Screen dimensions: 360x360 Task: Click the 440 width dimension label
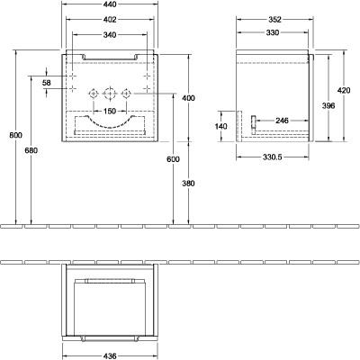(110, 4)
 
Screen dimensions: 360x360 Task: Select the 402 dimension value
(110, 20)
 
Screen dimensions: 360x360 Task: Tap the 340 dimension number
(110, 35)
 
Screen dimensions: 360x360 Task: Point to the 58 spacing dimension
(47, 83)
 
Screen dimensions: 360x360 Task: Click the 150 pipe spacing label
(110, 112)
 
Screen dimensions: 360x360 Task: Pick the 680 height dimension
(31, 150)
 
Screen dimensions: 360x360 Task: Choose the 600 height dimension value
(174, 159)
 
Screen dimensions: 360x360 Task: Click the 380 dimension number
(188, 184)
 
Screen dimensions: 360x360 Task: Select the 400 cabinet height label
(188, 98)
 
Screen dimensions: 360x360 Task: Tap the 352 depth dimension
(274, 20)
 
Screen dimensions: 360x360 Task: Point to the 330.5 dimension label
(273, 157)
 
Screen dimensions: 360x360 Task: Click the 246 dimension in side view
(282, 121)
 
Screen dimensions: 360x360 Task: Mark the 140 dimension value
(221, 126)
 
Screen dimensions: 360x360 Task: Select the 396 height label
(328, 105)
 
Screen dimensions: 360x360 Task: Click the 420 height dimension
(344, 90)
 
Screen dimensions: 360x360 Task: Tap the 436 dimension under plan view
(110, 355)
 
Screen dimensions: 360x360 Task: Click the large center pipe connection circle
(109, 94)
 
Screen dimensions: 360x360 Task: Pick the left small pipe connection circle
(94, 94)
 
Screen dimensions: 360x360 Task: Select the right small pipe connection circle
(126, 94)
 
